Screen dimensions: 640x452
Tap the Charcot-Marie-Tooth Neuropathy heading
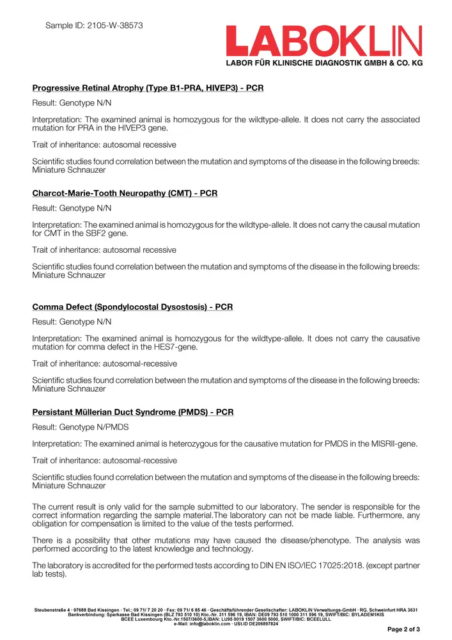pos(125,193)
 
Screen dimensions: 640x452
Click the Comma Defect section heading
pos(132,307)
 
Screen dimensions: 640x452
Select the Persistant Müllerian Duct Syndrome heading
pos(132,412)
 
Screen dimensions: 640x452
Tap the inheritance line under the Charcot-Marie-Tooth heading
pos(104,250)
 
